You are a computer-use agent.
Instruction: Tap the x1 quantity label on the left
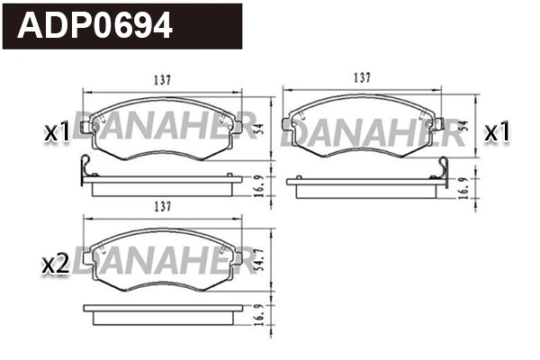[58, 132]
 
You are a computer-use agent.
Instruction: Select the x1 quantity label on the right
[497, 132]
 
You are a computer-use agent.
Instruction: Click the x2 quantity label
[56, 264]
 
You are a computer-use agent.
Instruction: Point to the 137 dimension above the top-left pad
[162, 78]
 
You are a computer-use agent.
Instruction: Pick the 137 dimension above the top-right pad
[364, 78]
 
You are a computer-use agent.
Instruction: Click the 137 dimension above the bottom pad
[162, 206]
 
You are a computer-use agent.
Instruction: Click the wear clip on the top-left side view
[85, 167]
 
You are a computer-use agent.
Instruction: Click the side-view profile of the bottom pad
[162, 312]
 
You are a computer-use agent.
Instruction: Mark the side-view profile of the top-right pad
[364, 184]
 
